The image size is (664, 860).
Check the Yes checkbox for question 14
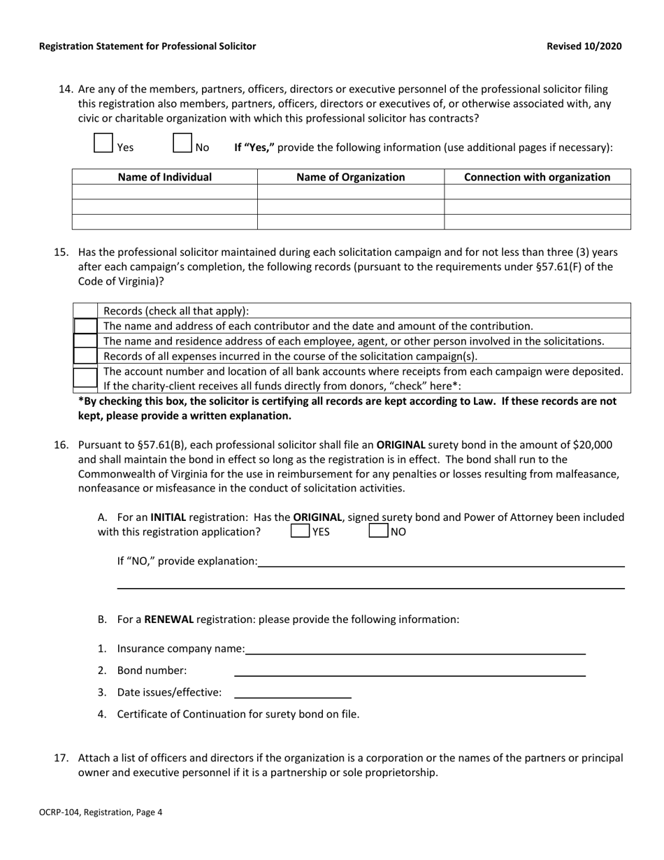[x=103, y=143]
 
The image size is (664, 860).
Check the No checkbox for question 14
[x=182, y=143]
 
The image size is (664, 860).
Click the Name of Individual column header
[x=164, y=177]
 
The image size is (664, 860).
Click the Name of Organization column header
[x=350, y=177]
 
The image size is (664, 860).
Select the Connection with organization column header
[x=537, y=177]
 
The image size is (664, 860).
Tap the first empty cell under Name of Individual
[x=164, y=192]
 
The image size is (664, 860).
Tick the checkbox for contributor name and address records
[x=86, y=326]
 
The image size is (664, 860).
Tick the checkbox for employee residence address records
[x=86, y=341]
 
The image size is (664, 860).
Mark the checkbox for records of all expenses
[x=86, y=356]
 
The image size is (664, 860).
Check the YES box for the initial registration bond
[x=300, y=531]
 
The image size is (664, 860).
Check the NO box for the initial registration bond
[x=378, y=531]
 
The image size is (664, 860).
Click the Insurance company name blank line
[x=415, y=648]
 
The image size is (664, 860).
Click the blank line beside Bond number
[x=410, y=671]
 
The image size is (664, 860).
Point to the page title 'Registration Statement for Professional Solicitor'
[x=147, y=46]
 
